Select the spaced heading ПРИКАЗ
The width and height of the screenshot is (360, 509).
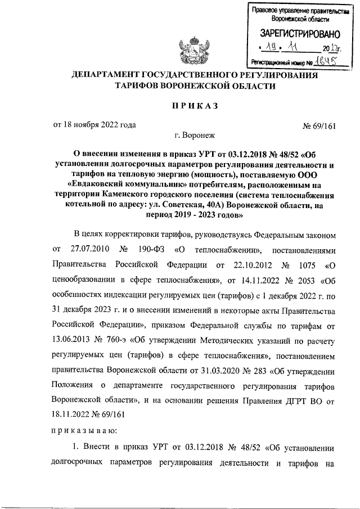[x=194, y=106]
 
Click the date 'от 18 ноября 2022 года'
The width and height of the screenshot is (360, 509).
[x=94, y=125]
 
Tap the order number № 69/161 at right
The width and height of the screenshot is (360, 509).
[x=319, y=125]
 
